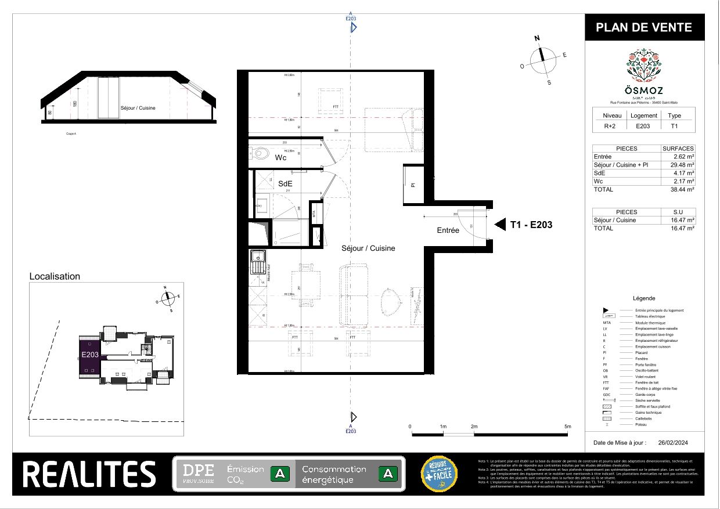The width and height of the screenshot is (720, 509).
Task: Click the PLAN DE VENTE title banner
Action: pos(644,27)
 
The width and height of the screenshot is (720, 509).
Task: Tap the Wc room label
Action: pos(280,157)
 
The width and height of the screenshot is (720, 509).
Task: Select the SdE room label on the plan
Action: pos(285,183)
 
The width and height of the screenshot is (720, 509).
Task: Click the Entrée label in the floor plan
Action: pos(448,230)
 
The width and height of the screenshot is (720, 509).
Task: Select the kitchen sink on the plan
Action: pos(257,257)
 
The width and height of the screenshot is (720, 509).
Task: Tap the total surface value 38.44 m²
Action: pos(683,189)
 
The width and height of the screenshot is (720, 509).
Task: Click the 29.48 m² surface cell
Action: pos(683,164)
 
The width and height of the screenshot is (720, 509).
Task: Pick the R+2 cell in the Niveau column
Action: pos(608,125)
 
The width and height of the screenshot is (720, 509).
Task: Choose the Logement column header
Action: pos(644,115)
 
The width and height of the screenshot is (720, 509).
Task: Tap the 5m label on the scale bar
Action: pos(567,427)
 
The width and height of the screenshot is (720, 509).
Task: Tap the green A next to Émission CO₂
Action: pos(280,474)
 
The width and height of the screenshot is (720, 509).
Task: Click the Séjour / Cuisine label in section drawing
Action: pos(138,108)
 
